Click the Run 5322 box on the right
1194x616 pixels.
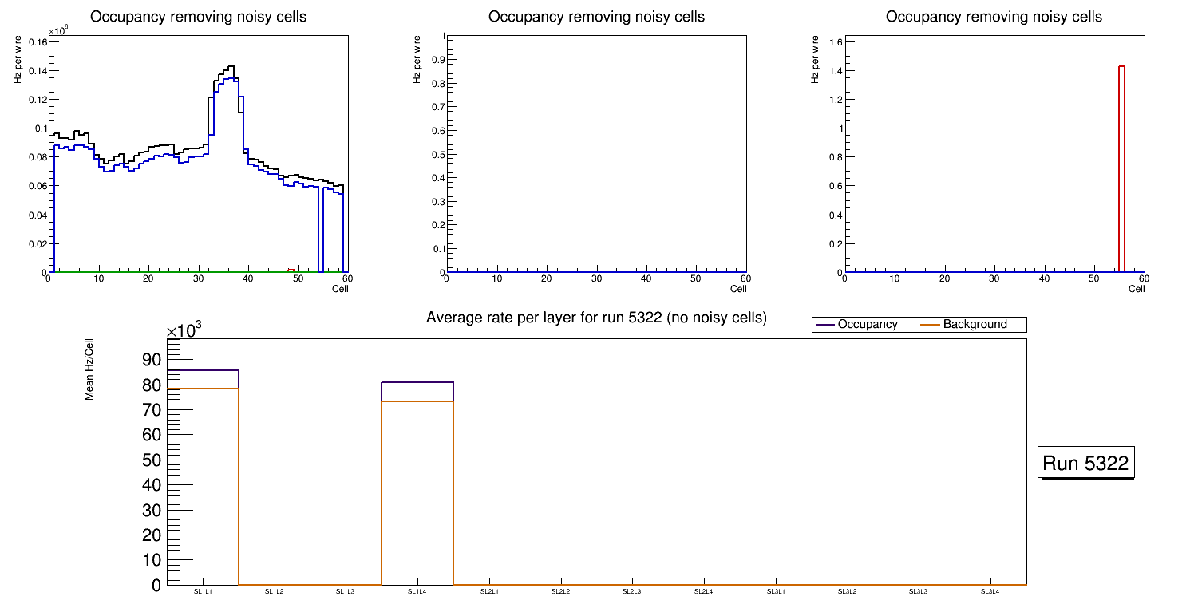1087,463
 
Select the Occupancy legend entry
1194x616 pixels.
867,325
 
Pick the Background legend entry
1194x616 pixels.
975,325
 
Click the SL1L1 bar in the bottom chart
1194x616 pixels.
204,479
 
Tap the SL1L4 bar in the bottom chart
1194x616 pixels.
417,487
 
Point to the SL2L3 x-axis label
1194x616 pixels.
632,592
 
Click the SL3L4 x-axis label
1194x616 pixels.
990,592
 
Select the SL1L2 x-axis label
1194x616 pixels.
275,592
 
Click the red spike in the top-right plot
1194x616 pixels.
1121,168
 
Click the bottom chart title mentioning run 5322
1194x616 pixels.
596,318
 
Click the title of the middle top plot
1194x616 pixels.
596,16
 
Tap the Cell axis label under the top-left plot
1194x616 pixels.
340,289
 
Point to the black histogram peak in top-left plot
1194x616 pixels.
231,67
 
